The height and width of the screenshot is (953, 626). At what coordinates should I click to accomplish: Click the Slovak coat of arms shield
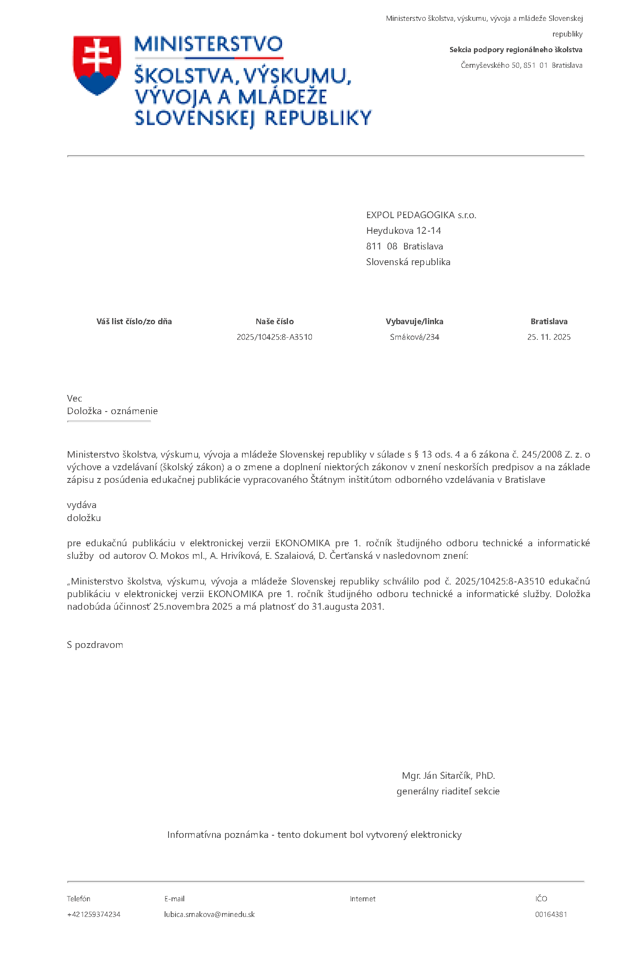point(97,65)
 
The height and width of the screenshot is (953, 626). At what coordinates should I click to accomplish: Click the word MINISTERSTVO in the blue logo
point(208,44)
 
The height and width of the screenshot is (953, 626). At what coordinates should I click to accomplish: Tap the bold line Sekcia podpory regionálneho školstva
point(516,50)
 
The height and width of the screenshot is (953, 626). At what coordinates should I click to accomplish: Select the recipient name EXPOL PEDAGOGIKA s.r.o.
point(421,215)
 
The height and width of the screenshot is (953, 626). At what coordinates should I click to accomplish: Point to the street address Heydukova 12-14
point(403,231)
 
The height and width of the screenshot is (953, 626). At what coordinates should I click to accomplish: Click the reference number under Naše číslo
point(275,337)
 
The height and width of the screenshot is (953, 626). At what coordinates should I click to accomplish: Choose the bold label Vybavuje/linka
point(414,322)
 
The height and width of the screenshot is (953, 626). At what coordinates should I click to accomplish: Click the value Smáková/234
point(414,337)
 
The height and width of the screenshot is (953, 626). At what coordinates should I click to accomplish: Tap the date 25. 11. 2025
point(549,337)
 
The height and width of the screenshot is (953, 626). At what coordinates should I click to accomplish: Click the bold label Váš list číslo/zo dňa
point(134,322)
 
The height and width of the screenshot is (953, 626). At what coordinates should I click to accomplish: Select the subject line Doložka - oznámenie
point(113,411)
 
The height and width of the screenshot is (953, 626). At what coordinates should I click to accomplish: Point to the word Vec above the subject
point(75,398)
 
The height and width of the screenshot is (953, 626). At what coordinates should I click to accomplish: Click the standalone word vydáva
point(82,505)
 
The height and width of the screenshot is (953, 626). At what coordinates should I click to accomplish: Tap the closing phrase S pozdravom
point(95,645)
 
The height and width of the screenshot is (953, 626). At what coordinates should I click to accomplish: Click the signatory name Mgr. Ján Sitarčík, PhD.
point(448,776)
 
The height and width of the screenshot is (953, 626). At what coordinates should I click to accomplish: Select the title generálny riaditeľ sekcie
point(448,791)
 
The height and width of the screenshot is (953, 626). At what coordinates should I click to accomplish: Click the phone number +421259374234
point(93,914)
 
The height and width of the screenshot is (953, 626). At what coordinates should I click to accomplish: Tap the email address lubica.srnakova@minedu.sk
point(209,914)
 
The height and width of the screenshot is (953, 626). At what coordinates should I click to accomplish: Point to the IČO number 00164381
point(551,914)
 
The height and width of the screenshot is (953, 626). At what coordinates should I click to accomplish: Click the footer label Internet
point(363,899)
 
